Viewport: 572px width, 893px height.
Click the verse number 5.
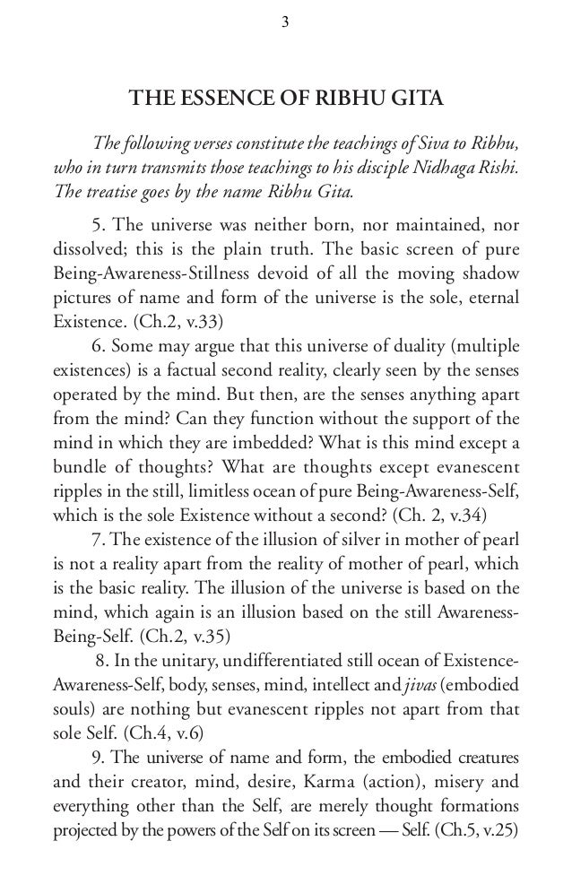97,225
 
